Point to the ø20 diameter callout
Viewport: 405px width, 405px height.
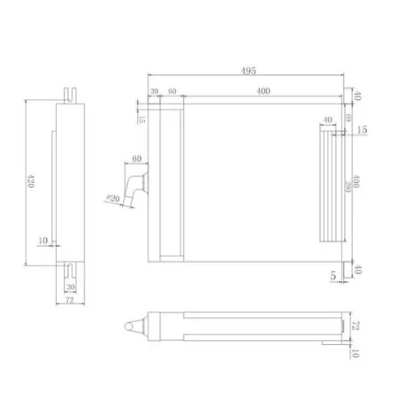pos(112,198)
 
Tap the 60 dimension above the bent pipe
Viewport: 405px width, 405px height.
pos(136,159)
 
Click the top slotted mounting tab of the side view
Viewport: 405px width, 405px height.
pos(71,92)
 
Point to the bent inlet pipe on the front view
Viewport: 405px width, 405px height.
pos(135,187)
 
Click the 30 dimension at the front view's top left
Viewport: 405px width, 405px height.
pos(154,92)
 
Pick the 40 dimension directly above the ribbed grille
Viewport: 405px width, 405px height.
pos(327,120)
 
